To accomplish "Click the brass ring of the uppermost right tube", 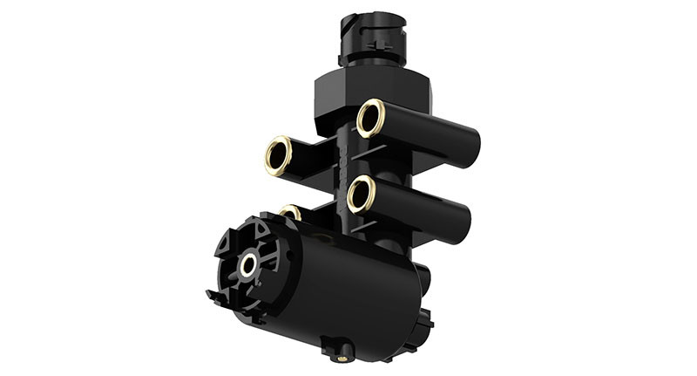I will [369, 118].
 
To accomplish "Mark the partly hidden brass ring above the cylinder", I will [291, 211].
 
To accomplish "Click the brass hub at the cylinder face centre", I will [249, 264].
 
